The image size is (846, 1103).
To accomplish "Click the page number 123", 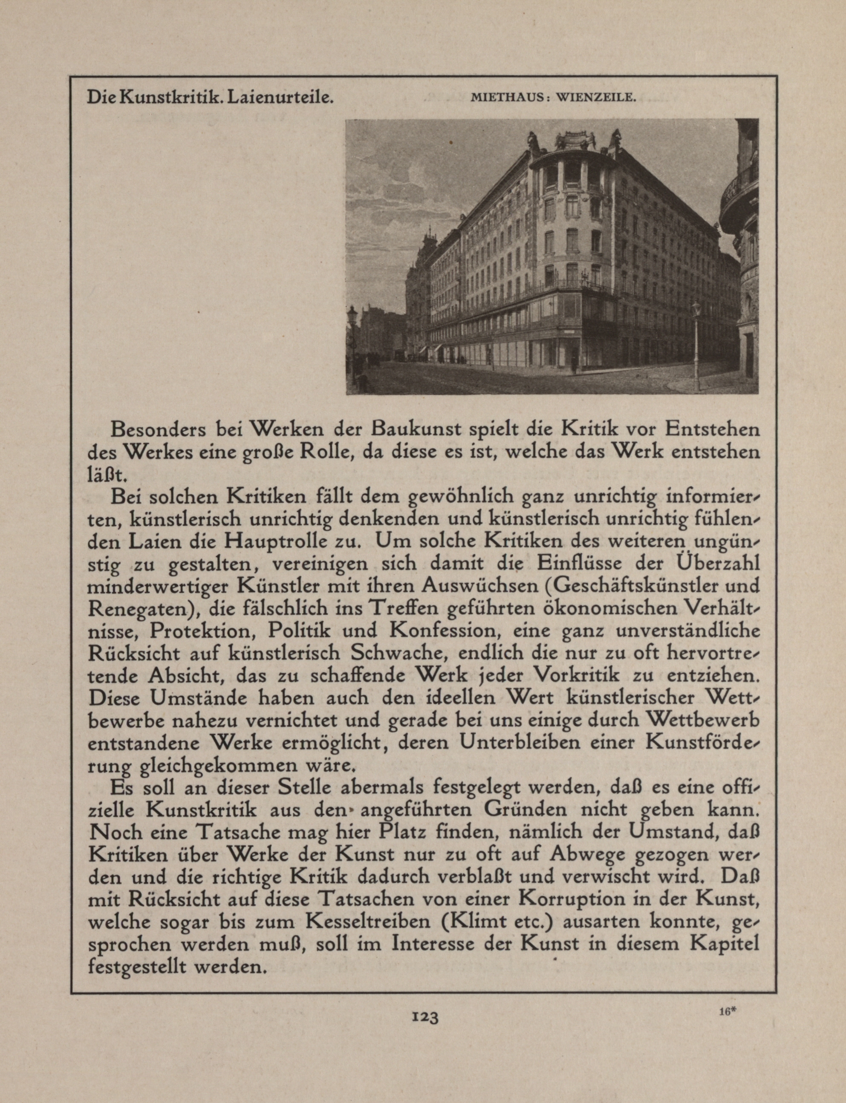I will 425,1017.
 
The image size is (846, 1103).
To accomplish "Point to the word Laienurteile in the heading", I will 280,97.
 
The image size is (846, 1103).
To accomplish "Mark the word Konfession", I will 445,630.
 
